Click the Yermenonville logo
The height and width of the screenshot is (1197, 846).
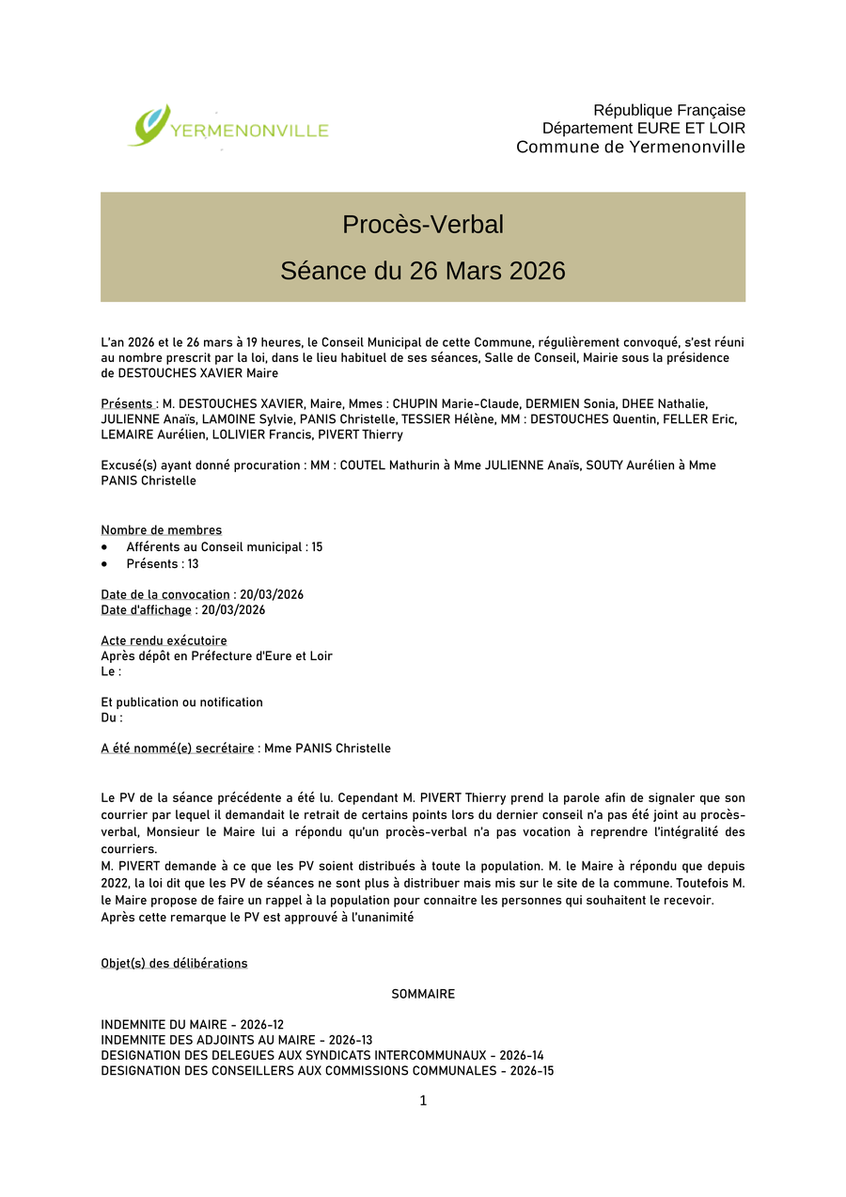228,127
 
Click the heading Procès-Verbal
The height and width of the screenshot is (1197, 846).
423,225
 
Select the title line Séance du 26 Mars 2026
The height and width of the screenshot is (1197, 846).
423,271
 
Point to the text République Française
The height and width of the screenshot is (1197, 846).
668,110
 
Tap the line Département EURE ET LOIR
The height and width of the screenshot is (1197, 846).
643,128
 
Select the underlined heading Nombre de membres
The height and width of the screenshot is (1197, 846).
162,530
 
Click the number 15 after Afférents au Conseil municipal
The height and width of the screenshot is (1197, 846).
316,547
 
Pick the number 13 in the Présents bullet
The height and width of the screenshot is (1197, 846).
193,564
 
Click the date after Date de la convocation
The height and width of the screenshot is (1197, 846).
272,595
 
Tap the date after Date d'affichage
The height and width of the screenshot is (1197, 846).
233,610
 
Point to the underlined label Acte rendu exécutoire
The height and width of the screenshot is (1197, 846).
164,641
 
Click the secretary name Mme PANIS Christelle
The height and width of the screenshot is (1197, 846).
327,748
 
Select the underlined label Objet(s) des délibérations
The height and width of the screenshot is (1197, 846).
174,964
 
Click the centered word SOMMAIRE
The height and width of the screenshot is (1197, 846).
423,994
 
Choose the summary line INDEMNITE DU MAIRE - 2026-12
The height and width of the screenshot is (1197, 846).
192,1025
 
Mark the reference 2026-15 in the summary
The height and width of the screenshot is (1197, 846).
532,1071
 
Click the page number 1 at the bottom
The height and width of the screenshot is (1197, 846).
423,1101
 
